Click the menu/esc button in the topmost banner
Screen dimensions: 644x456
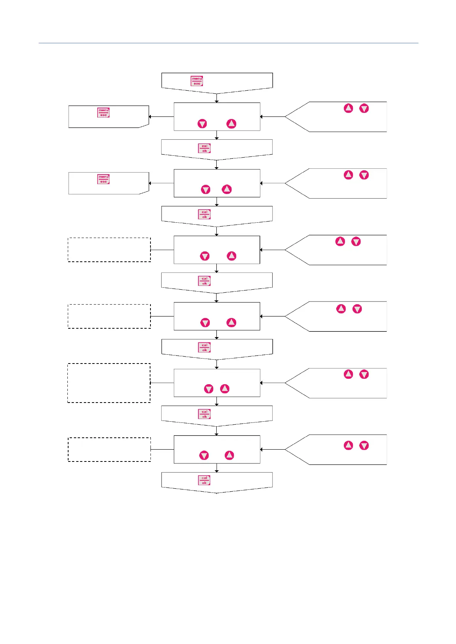[197, 81]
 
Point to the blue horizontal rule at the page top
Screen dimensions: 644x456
[228, 43]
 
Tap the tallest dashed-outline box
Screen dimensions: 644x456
[109, 383]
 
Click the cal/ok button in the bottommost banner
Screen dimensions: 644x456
[204, 480]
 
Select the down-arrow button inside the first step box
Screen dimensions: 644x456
[202, 124]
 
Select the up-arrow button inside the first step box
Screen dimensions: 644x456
[231, 124]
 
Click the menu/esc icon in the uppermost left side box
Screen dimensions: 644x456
[103, 112]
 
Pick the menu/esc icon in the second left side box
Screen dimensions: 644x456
[103, 179]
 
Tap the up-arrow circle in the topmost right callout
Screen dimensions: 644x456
[348, 108]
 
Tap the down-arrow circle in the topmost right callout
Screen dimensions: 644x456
[364, 108]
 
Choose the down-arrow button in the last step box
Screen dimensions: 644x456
[204, 455]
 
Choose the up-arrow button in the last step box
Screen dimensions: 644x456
[229, 455]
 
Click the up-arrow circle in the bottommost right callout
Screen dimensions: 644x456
[348, 445]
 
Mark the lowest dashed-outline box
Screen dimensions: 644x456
[109, 450]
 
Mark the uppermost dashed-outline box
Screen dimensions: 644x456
[109, 250]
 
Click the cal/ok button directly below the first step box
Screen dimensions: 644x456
[204, 148]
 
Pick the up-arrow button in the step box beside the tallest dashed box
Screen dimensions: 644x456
[225, 389]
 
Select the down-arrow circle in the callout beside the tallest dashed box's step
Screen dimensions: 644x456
[364, 374]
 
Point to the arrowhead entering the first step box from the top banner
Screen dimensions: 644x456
[217, 101]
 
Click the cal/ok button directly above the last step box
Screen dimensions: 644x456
[204, 414]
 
